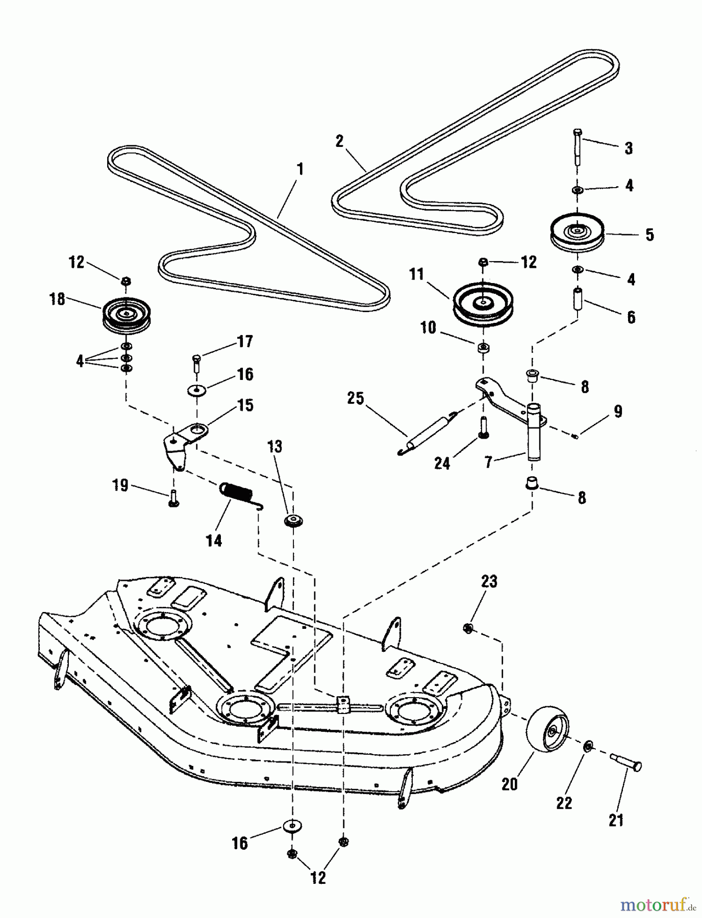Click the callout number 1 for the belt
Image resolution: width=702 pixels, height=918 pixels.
(x=300, y=169)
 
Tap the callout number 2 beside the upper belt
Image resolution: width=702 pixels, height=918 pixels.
(x=340, y=141)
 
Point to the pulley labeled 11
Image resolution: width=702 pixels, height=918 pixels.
(x=482, y=304)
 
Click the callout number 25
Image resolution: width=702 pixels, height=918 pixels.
(x=356, y=398)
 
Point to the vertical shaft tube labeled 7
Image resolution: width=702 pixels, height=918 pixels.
(x=533, y=432)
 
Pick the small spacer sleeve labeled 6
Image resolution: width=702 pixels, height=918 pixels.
(x=579, y=298)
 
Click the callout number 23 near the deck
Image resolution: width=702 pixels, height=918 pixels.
(x=489, y=581)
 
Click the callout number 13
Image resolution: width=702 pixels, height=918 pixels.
(x=274, y=447)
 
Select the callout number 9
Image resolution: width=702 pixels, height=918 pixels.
(x=618, y=412)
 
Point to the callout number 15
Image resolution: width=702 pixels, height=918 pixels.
(x=245, y=405)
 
